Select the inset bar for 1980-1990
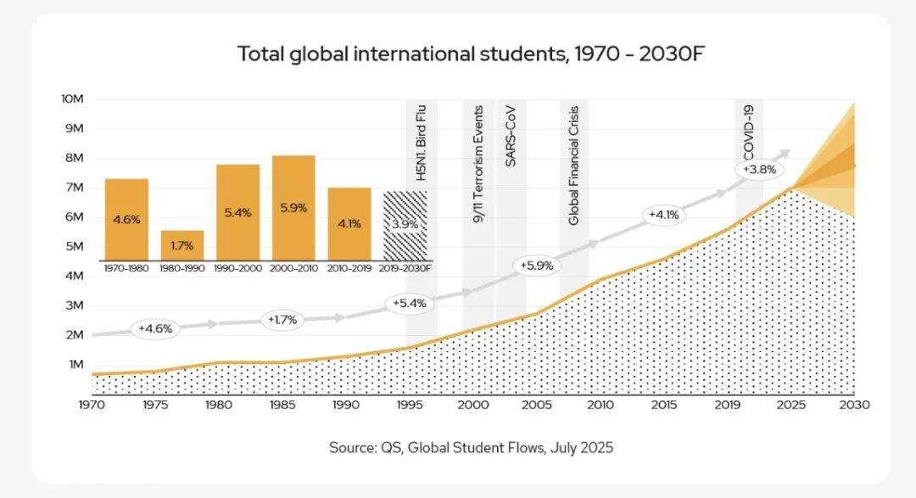click(x=182, y=245)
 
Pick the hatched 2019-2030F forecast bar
click(x=405, y=226)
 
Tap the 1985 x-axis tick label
click(x=282, y=406)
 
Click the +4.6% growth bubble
click(x=154, y=328)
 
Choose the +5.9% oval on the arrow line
click(x=535, y=266)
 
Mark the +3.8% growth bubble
click(x=758, y=170)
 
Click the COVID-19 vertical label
click(x=749, y=132)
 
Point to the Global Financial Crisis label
click(x=573, y=165)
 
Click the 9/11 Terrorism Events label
click(x=478, y=164)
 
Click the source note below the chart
click(x=471, y=447)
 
